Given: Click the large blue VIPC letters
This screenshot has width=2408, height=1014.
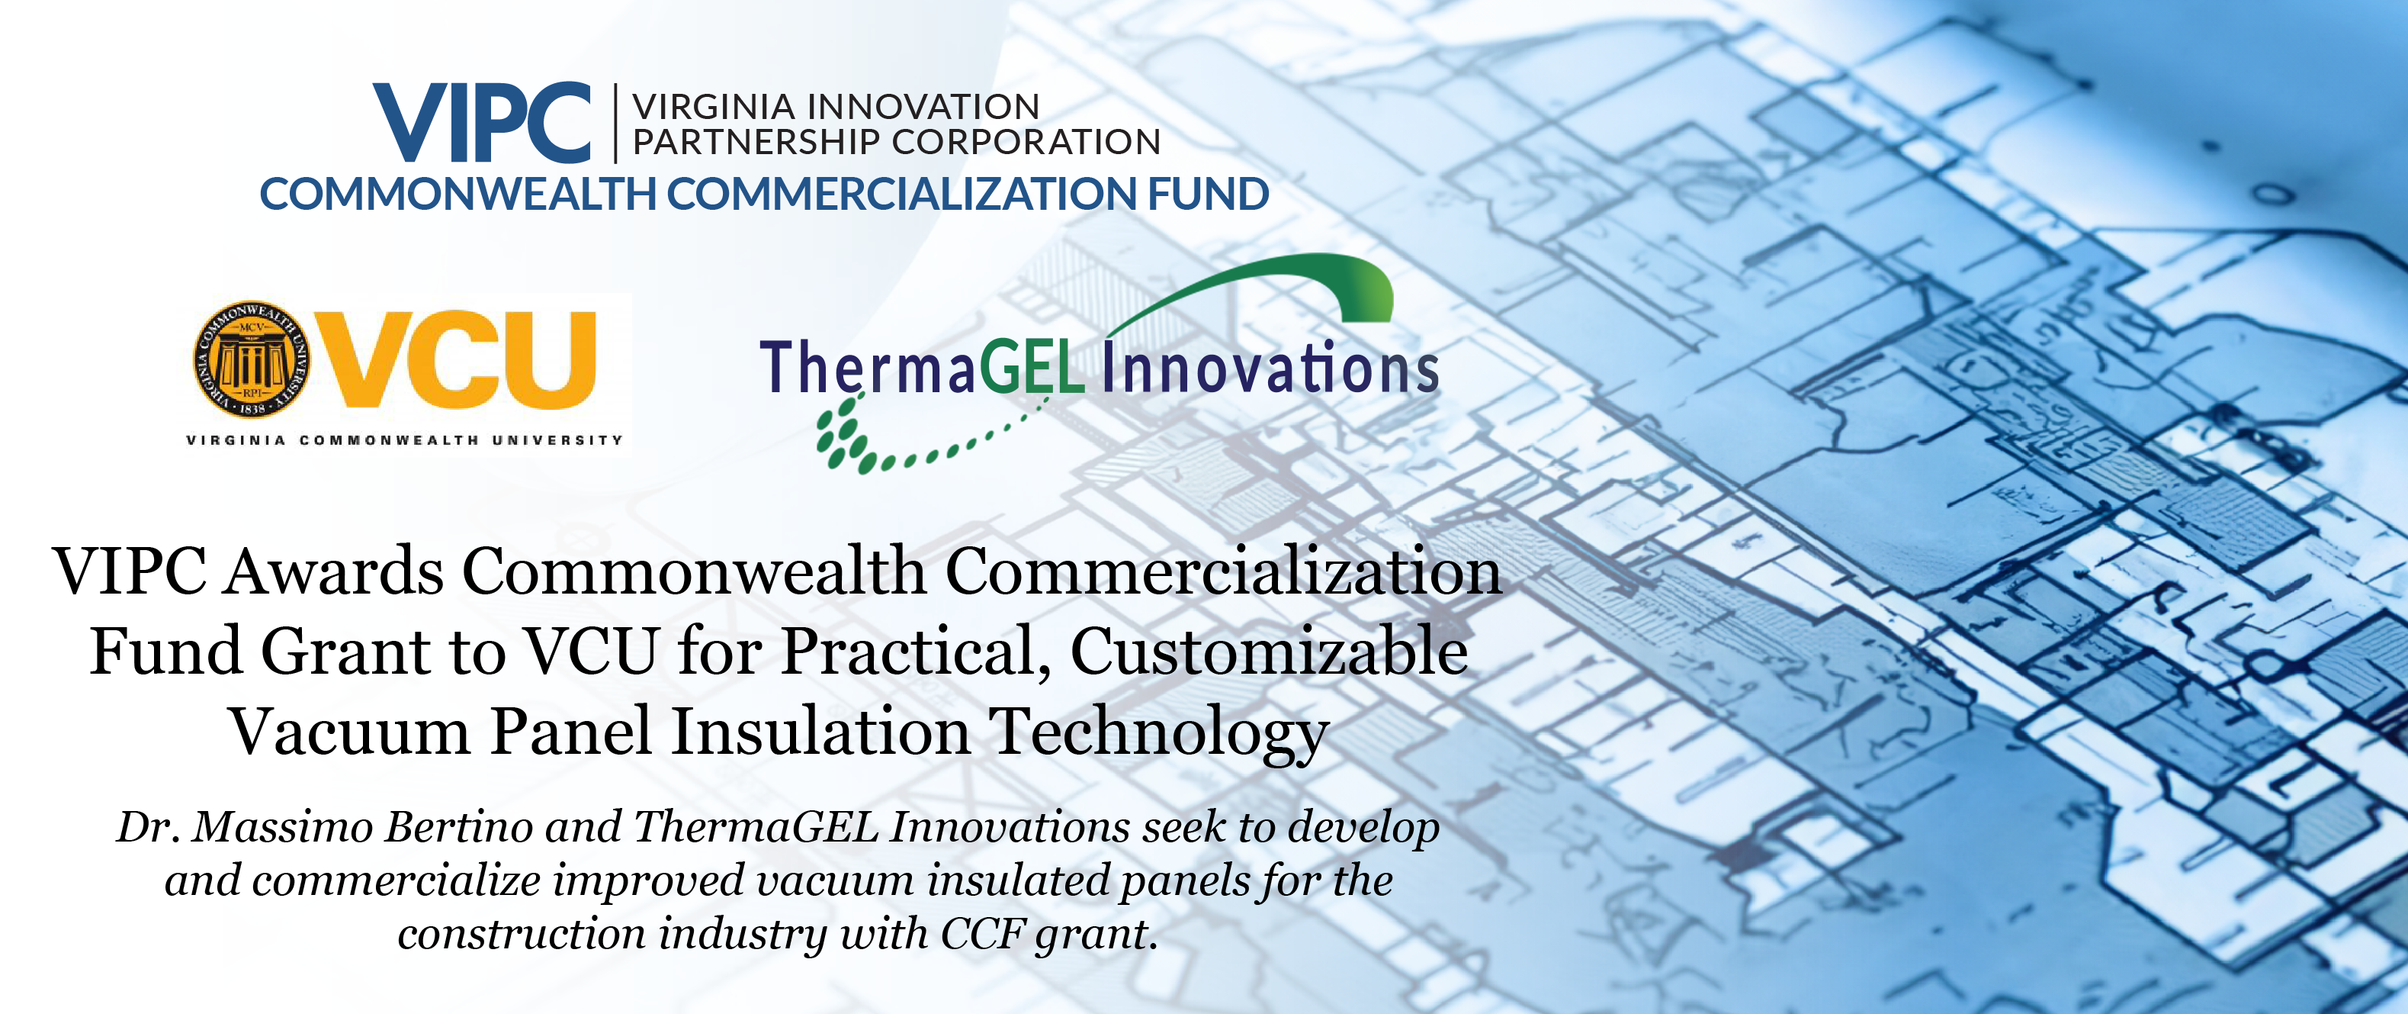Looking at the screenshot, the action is pyautogui.click(x=483, y=123).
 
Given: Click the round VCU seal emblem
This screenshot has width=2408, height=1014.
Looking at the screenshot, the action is pyautogui.click(x=252, y=359).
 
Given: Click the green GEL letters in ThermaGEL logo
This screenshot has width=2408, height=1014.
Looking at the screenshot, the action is pyautogui.click(x=1031, y=367).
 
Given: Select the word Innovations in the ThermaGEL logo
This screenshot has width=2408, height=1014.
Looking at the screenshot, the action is pyautogui.click(x=1270, y=367).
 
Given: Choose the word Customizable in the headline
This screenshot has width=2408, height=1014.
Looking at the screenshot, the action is pyautogui.click(x=1269, y=652).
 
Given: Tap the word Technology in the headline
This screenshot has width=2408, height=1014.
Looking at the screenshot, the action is pyautogui.click(x=1159, y=733).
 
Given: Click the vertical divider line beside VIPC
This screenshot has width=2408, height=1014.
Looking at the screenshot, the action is pyautogui.click(x=615, y=123).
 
